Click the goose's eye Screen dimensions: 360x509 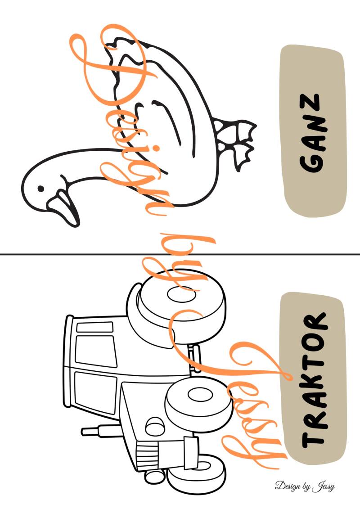point(40,188)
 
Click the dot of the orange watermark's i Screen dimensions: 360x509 point(156,149)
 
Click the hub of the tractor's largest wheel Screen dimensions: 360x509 point(181,294)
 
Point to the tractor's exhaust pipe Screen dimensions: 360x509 point(101,431)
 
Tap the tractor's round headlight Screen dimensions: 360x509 point(155,427)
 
